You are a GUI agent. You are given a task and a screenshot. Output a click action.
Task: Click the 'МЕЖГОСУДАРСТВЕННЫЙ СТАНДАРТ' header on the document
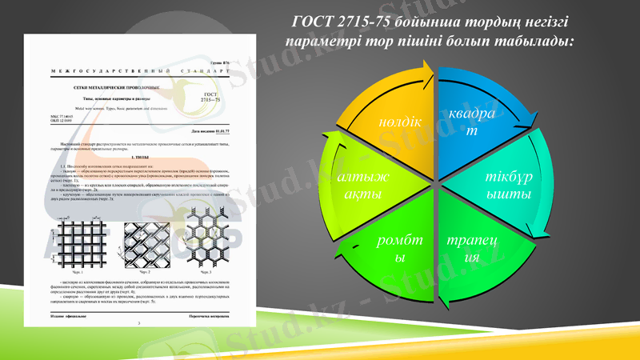(135, 72)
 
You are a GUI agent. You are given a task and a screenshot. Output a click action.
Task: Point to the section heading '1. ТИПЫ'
(137, 158)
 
